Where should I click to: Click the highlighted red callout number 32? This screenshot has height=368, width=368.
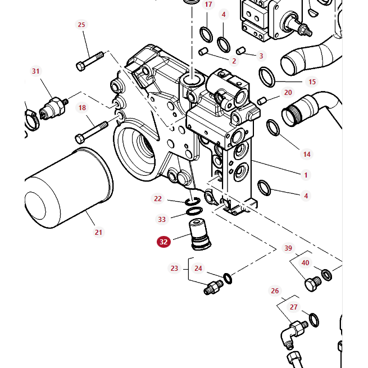(x=163, y=242)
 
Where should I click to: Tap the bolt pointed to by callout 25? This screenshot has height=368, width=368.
(x=90, y=61)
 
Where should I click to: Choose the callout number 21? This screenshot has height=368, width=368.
(x=98, y=232)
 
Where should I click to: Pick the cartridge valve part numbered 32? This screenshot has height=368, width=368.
(x=197, y=234)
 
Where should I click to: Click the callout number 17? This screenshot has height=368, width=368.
(x=208, y=4)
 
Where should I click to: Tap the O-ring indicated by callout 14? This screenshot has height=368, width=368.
(x=272, y=128)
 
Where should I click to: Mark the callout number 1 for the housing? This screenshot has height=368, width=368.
(x=306, y=175)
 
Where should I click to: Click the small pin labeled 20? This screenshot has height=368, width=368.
(x=261, y=101)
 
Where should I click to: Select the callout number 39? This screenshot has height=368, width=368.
(x=288, y=248)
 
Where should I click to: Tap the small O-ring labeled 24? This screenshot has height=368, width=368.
(x=228, y=278)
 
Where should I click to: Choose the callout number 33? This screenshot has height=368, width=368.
(x=162, y=220)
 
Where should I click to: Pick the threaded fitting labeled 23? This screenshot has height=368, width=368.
(x=213, y=287)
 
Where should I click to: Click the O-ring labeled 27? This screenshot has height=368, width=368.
(x=315, y=320)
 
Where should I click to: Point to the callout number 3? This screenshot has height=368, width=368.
(x=261, y=56)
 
